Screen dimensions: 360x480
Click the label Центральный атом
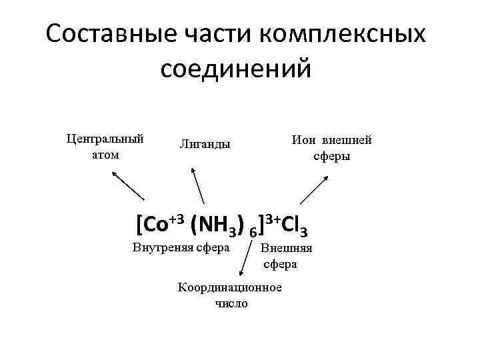click(x=105, y=147)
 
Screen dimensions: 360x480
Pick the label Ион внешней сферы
click(x=331, y=148)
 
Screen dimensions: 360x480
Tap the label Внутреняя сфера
click(x=181, y=249)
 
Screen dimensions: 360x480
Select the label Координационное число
click(x=230, y=295)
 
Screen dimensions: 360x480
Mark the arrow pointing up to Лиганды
click(x=198, y=185)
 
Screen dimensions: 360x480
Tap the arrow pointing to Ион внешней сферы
click(x=313, y=189)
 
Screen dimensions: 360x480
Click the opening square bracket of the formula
click(x=138, y=225)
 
